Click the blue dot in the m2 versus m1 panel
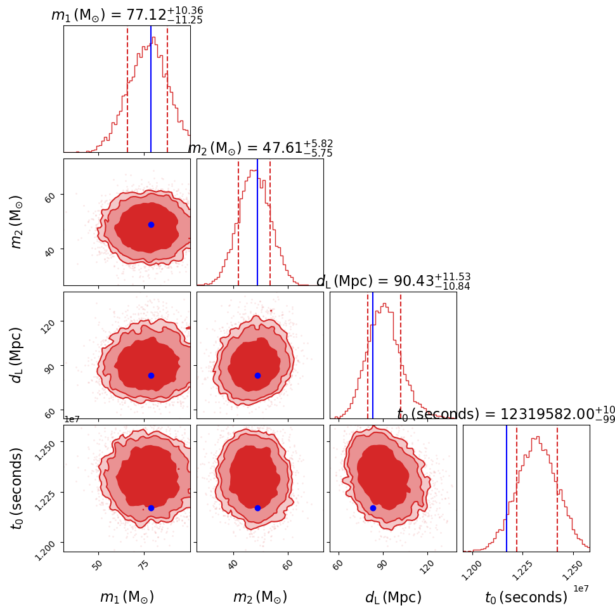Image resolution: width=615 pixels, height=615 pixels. [x=151, y=224]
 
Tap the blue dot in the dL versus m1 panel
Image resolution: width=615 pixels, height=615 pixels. [x=151, y=375]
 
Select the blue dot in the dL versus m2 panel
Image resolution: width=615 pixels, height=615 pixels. [x=257, y=375]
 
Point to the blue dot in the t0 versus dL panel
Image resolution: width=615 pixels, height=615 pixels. [x=373, y=508]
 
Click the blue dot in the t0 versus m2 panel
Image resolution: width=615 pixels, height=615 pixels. [x=257, y=508]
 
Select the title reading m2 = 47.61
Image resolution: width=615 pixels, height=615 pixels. [x=260, y=148]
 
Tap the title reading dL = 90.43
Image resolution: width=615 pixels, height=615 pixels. [x=393, y=282]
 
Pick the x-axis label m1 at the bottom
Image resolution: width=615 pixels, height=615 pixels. [x=127, y=597]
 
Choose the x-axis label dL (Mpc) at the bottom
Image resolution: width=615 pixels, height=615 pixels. [x=393, y=597]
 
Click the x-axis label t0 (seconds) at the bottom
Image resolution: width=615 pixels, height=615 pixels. [x=526, y=597]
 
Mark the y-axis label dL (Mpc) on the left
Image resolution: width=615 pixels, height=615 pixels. [x=17, y=355]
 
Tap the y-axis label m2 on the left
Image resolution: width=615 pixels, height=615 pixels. [x=17, y=222]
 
